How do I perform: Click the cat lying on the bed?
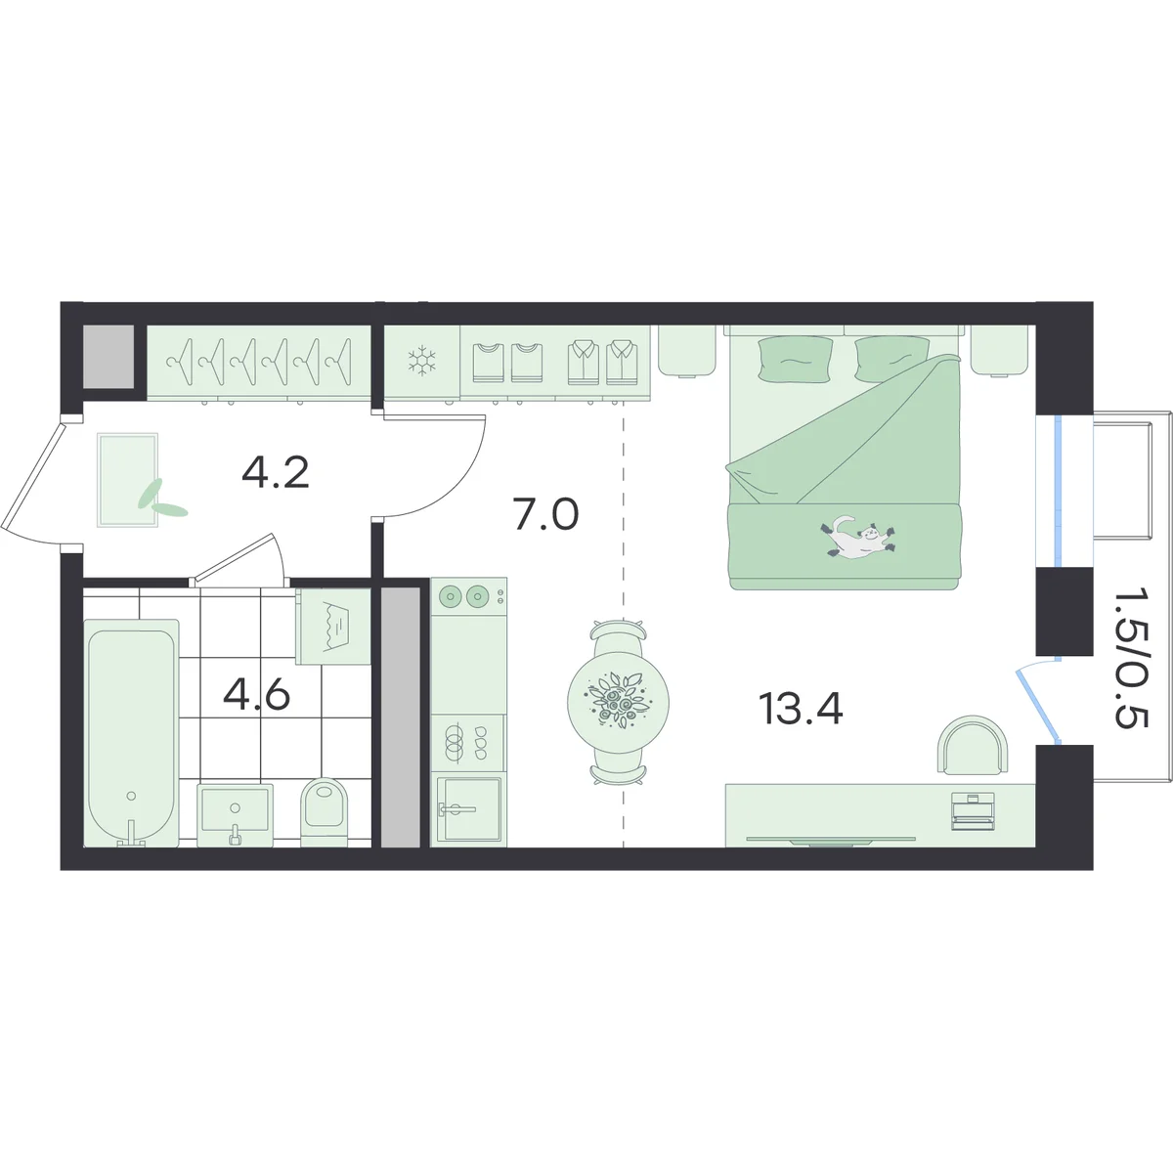click(857, 537)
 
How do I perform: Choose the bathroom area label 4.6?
click(256, 695)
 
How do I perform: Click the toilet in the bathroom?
click(324, 811)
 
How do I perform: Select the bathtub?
click(131, 733)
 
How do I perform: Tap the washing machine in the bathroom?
click(333, 626)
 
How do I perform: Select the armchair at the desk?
click(972, 745)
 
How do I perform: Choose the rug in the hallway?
click(128, 480)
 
